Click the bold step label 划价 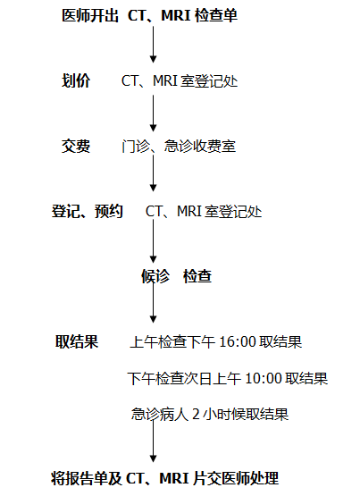click(x=76, y=80)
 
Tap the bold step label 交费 click(x=76, y=147)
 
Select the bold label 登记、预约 click(x=88, y=211)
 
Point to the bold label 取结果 click(x=77, y=341)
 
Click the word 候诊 click(x=155, y=276)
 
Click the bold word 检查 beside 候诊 click(x=197, y=276)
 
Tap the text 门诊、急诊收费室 click(x=179, y=147)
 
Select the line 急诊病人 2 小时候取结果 click(x=210, y=415)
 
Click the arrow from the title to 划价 click(x=154, y=45)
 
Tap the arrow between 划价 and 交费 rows click(x=154, y=113)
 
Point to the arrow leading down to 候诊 click(x=154, y=241)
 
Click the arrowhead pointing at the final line click(x=154, y=458)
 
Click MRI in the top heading click(x=176, y=15)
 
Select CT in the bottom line click(x=134, y=479)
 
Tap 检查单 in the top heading click(x=216, y=15)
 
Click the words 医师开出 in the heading click(x=90, y=15)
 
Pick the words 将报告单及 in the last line click(x=87, y=478)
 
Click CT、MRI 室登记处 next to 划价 click(x=180, y=80)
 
